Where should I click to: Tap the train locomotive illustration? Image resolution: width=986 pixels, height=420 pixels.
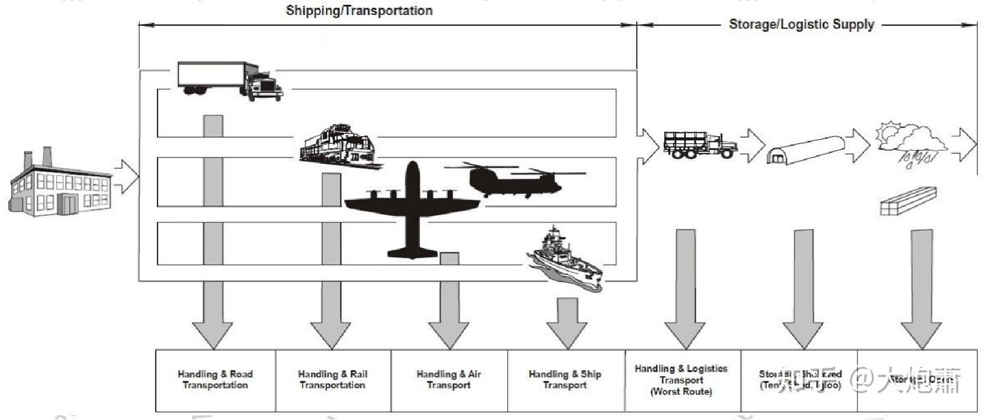pos(338,146)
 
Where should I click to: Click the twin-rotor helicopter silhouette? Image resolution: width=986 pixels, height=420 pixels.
pos(514,179)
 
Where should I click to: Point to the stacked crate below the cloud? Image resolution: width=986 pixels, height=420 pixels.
pos(907,201)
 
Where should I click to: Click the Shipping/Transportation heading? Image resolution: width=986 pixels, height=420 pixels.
pos(359,11)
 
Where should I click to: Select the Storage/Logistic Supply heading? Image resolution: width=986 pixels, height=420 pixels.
pos(801,25)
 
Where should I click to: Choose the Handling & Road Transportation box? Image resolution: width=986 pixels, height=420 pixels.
pos(215,380)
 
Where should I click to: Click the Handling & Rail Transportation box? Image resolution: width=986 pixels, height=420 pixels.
pos(332,380)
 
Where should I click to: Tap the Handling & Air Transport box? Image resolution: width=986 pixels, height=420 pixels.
pos(448,380)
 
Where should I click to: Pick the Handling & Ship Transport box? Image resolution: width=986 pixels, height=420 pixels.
pos(565,380)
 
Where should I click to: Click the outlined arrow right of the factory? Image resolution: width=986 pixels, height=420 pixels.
pos(126,176)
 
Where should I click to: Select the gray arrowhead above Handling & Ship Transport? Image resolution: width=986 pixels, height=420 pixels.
pos(568,332)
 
